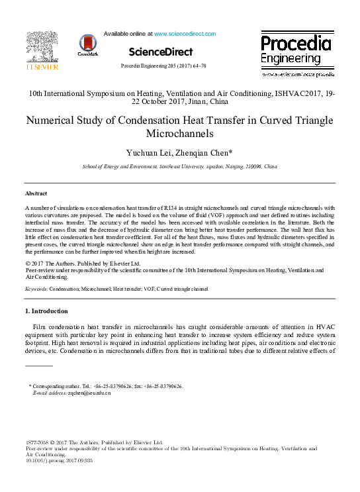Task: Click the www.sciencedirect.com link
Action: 185,34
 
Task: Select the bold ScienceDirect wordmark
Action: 161,52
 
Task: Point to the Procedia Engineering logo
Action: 295,51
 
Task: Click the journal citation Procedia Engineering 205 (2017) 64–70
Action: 163,66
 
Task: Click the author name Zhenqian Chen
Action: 205,154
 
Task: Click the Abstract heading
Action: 36,193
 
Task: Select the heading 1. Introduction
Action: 46,311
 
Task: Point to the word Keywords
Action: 36,289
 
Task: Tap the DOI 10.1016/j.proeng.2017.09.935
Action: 60,460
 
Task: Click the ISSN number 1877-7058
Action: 38,442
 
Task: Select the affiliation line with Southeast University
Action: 179,168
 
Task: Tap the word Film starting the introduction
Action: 40,328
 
